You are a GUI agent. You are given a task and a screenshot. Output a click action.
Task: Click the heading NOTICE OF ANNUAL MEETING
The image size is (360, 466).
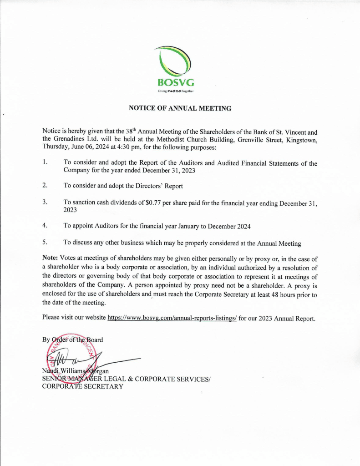(180, 108)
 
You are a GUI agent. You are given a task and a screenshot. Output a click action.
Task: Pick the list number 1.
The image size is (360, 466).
(45, 162)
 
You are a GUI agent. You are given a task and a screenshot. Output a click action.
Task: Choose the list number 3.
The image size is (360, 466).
(45, 202)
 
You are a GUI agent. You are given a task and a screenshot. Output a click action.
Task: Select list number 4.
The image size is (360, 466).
(45, 225)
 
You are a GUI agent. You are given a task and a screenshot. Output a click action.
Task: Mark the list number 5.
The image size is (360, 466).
(45, 243)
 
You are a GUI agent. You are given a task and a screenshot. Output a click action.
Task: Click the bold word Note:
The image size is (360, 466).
(51, 258)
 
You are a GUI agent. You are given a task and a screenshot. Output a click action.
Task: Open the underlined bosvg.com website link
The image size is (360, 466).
(172, 318)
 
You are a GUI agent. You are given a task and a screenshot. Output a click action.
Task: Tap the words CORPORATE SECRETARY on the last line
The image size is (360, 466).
(82, 387)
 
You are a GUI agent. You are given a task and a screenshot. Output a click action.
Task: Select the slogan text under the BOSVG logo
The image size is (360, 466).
(176, 91)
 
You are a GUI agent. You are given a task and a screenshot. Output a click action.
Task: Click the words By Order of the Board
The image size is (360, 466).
(72, 339)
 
